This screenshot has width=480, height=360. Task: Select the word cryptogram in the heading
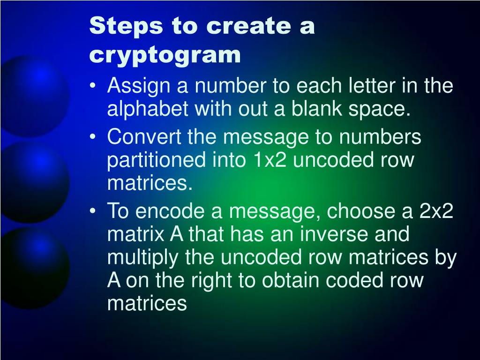point(165,55)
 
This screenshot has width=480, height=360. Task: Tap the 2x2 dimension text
point(436,212)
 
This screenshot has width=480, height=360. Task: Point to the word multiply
point(137,258)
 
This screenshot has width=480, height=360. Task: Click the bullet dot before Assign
point(96,87)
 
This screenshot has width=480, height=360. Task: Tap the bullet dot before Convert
point(96,138)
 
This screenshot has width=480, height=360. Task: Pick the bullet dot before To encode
point(96,212)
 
